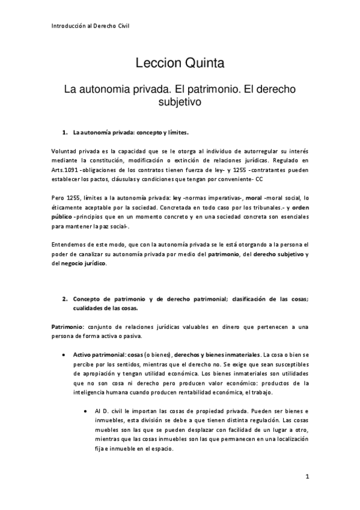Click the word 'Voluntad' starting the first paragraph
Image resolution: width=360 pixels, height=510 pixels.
tap(65, 153)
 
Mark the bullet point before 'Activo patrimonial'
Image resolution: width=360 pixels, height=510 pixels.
tap(64, 355)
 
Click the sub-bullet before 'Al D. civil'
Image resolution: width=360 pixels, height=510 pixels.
tap(88, 410)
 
